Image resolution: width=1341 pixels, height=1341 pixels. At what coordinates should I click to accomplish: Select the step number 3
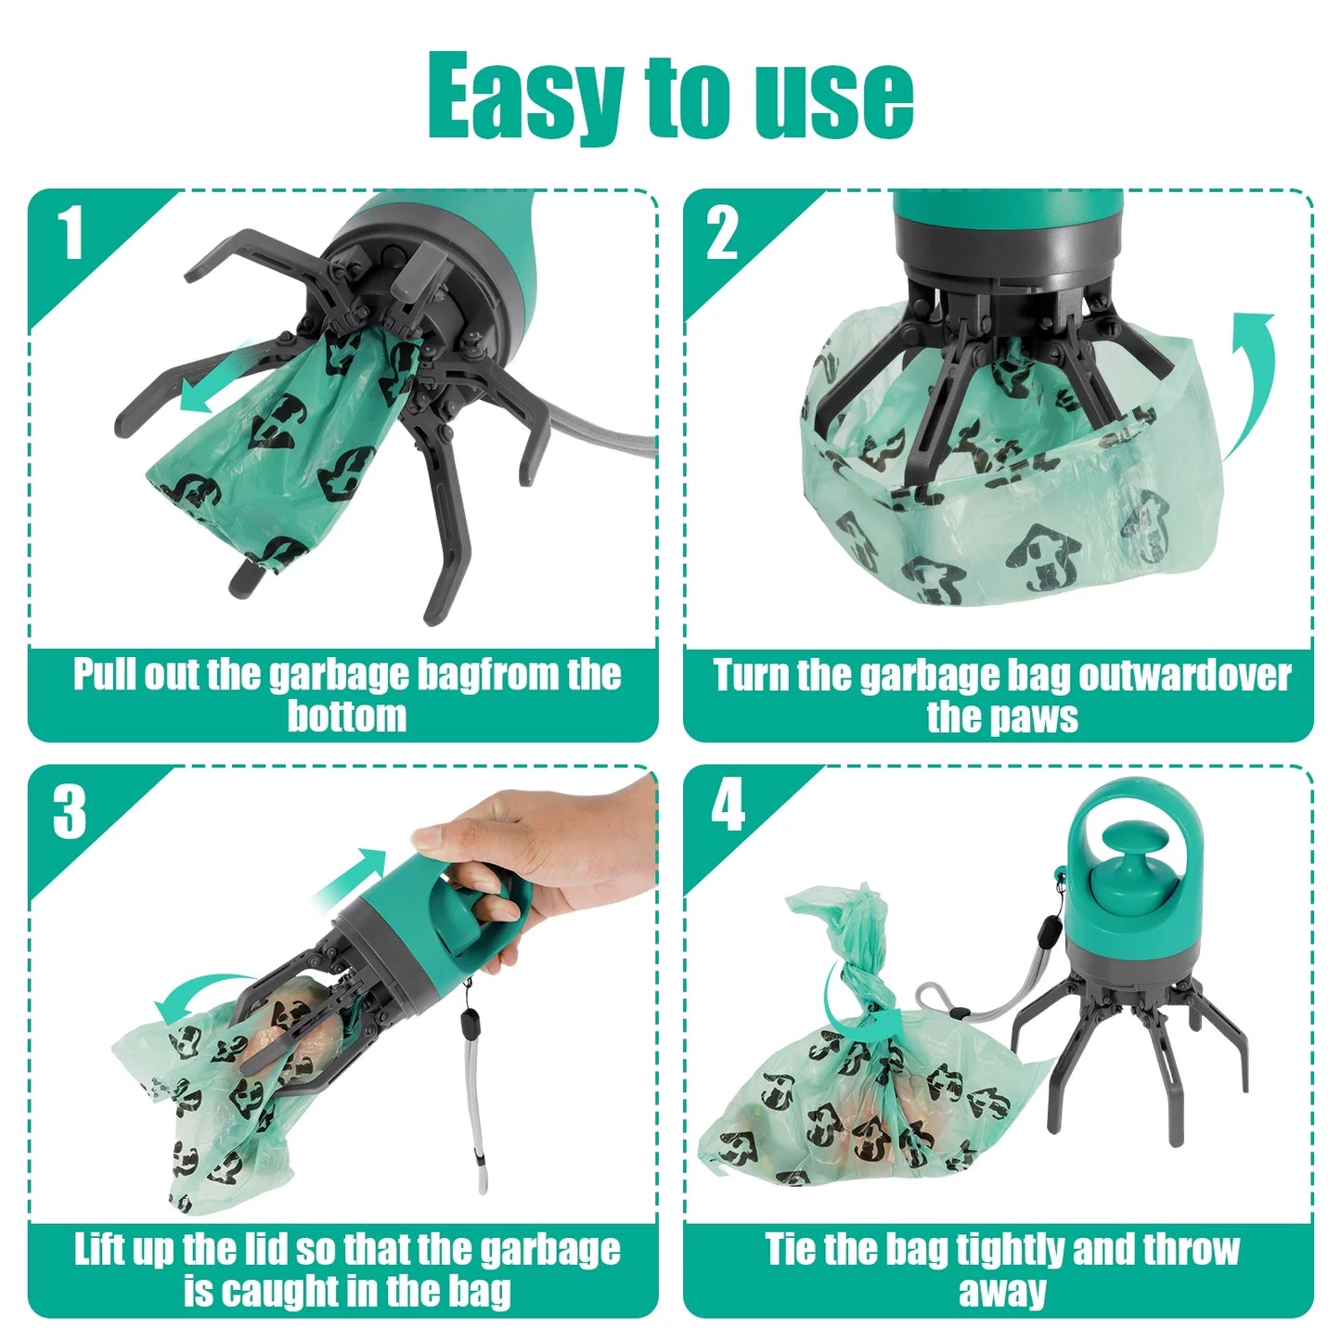[x=70, y=812]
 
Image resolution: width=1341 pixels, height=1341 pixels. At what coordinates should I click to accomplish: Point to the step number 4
[x=728, y=806]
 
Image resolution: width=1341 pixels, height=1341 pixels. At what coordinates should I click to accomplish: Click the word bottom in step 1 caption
[x=346, y=717]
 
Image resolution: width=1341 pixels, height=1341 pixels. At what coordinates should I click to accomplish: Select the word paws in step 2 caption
[x=1038, y=717]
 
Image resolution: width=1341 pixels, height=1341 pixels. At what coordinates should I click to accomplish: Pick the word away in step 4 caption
[x=1002, y=1292]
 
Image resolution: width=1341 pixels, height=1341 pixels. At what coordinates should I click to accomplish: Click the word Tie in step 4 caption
[x=791, y=1249]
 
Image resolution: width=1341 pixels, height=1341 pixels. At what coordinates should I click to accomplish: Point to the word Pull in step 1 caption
[x=105, y=675]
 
